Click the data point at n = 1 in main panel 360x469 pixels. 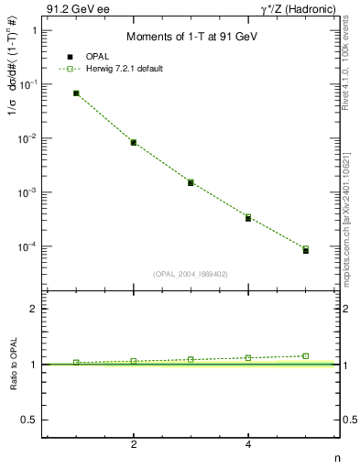tap(76, 93)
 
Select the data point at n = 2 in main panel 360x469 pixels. tap(134, 142)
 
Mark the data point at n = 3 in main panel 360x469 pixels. tap(191, 182)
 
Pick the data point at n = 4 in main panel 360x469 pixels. tap(248, 217)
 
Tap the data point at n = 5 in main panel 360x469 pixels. tap(306, 249)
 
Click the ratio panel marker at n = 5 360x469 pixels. tap(306, 355)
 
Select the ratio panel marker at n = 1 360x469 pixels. tap(76, 363)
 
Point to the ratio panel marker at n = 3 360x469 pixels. tap(191, 359)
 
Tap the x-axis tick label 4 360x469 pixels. tap(248, 444)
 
